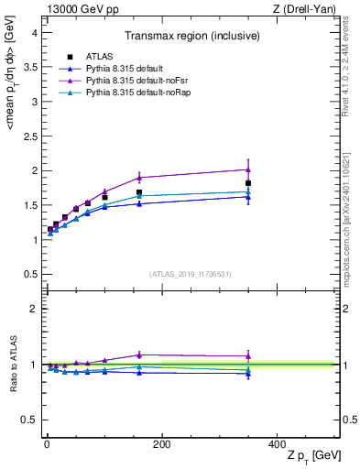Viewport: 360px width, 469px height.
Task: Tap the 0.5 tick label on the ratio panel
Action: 29,420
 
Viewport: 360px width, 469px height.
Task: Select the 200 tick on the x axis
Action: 161,444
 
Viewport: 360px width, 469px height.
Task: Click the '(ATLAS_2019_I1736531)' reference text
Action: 190,273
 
